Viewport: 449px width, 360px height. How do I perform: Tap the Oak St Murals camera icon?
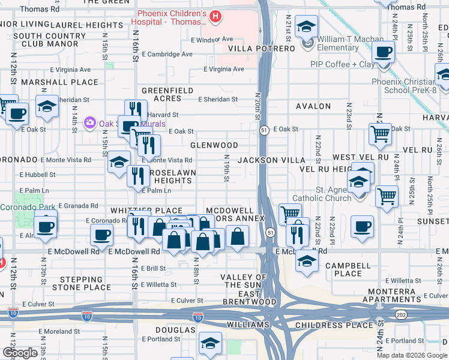click(90, 122)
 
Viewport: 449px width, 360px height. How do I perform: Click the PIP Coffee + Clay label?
click(342, 64)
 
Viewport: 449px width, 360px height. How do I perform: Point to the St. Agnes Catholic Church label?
click(322, 193)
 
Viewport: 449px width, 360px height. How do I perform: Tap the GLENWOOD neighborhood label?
click(214, 145)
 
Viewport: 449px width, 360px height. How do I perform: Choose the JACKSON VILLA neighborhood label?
click(267, 160)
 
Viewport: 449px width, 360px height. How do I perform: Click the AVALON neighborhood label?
click(313, 106)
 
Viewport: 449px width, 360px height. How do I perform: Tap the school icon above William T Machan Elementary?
click(307, 27)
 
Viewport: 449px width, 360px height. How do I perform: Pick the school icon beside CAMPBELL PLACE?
click(307, 262)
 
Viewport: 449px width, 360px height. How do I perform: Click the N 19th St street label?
click(227, 167)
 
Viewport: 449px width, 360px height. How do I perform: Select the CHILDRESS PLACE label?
click(334, 325)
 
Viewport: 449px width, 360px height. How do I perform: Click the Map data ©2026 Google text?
click(411, 355)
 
